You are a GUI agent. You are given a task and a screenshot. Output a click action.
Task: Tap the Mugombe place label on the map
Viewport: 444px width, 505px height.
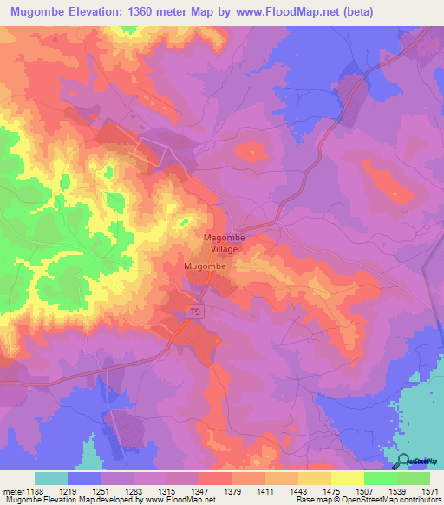(206, 266)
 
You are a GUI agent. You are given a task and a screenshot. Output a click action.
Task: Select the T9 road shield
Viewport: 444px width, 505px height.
(197, 310)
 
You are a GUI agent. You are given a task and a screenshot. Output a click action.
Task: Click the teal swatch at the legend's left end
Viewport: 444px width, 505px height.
(51, 478)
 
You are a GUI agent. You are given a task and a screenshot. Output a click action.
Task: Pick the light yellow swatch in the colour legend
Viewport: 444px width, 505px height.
(347, 478)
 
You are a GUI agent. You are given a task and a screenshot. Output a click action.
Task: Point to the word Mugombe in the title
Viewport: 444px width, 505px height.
(40, 12)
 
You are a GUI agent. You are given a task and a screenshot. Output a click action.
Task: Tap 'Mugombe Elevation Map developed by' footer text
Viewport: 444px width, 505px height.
(71, 500)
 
